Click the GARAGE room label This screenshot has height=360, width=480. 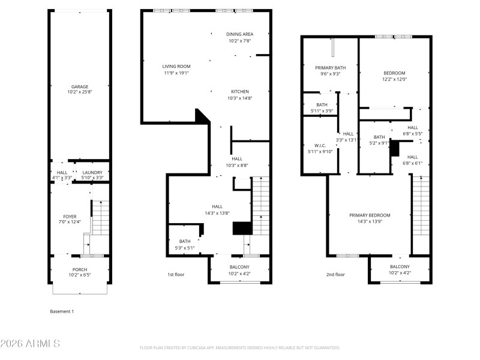[x=80, y=86]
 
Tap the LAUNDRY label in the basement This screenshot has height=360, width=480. [x=92, y=172]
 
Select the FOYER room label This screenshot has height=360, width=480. [x=70, y=217]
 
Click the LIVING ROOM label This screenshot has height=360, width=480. [x=176, y=66]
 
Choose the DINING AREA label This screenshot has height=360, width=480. [x=239, y=34]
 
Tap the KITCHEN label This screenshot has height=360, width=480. [x=239, y=92]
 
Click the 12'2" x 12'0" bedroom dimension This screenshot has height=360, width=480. [x=395, y=79]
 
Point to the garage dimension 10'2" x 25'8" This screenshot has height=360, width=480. [x=80, y=92]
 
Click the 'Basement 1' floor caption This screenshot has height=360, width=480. [x=62, y=311]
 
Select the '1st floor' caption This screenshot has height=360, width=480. [x=176, y=274]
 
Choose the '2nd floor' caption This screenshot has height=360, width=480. [x=335, y=274]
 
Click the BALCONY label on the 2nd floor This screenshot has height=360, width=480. [x=400, y=266]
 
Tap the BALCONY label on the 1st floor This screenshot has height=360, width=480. [x=239, y=267]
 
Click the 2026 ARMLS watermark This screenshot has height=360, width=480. [x=30, y=344]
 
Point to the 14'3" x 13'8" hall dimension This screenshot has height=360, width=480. [x=217, y=212]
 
